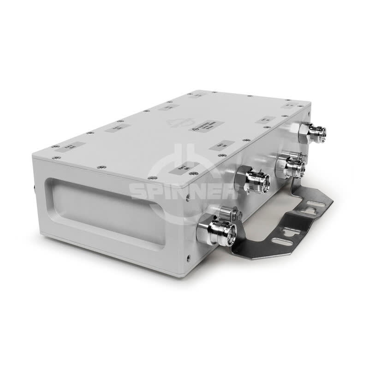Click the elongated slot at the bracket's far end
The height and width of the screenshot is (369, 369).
(x=315, y=203)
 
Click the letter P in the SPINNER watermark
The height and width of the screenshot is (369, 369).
(x=159, y=190)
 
